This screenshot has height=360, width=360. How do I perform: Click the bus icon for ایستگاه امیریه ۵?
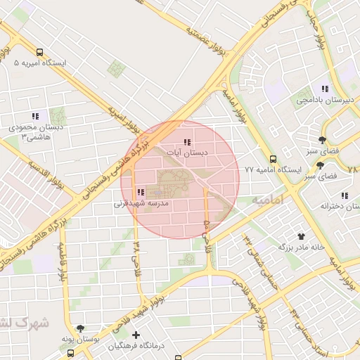tap(39, 52)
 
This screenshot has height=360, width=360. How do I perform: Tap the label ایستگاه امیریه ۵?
tap(40, 63)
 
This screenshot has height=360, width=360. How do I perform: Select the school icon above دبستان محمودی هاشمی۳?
tap(35, 116)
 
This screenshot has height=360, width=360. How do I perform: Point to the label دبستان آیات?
tap(186, 152)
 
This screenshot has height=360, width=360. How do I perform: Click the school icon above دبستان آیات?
tap(186, 142)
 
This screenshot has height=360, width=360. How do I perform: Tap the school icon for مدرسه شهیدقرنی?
tap(141, 192)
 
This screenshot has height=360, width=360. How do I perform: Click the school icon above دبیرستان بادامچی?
tap(325, 89)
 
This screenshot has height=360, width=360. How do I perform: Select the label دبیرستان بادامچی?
tap(324, 100)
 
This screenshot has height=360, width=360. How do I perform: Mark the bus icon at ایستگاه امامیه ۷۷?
tap(273, 159)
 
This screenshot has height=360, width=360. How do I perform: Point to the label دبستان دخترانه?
tap(335, 206)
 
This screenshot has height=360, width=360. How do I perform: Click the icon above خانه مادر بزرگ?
tap(302, 236)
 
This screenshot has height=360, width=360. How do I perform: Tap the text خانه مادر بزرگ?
tap(304, 247)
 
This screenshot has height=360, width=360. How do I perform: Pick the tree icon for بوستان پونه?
tap(80, 328)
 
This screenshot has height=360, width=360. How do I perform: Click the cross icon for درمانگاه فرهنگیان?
tap(136, 335)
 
